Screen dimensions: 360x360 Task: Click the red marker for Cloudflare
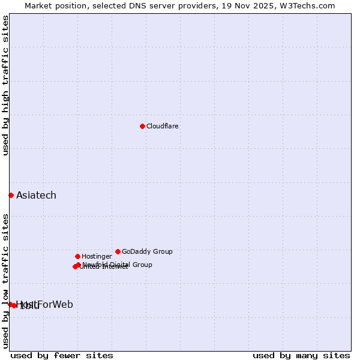tap(142, 126)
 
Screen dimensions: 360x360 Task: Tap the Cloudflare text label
tap(163, 126)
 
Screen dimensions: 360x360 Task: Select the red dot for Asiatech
tap(11, 195)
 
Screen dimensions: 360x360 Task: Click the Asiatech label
tap(36, 195)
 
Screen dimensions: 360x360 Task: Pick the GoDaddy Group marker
tap(118, 251)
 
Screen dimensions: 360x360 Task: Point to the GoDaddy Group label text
tap(147, 251)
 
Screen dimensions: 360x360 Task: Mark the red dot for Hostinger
tap(77, 256)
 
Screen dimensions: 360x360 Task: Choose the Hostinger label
tap(97, 256)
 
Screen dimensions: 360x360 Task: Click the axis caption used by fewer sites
tap(62, 355)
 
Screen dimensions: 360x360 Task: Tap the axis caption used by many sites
tap(301, 355)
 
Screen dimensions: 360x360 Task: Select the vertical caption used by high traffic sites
tap(5, 85)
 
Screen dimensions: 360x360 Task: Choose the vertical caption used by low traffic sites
tap(5, 281)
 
